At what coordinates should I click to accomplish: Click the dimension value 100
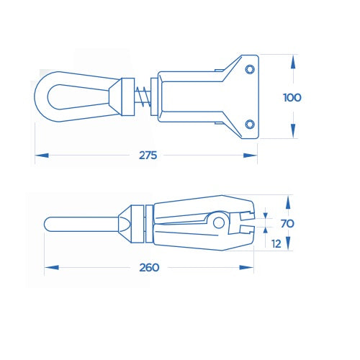tap(292, 97)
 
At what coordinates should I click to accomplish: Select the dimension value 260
tap(150, 267)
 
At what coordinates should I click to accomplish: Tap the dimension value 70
tap(287, 224)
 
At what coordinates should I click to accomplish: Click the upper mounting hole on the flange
tap(249, 68)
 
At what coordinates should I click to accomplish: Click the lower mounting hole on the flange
tap(249, 124)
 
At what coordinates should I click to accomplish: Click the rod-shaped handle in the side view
tap(76, 224)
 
